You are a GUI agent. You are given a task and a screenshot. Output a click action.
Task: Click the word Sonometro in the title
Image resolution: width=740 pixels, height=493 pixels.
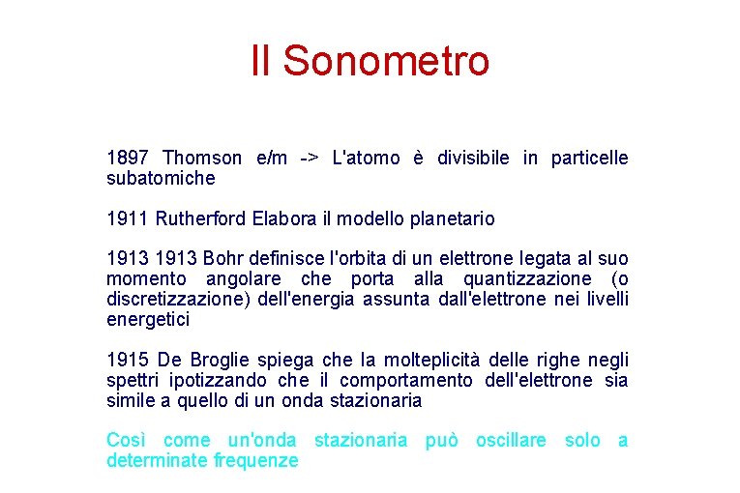(387, 60)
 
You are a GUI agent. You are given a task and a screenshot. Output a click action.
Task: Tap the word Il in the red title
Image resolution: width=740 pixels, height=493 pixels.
(260, 60)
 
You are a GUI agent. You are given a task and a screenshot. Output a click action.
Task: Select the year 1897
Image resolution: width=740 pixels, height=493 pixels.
(126, 158)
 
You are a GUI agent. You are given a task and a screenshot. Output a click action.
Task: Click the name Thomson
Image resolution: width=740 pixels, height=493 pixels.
(202, 158)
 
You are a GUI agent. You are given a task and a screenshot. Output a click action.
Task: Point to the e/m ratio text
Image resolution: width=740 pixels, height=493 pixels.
(272, 158)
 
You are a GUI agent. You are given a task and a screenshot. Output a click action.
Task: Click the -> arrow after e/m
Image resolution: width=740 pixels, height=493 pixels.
(310, 158)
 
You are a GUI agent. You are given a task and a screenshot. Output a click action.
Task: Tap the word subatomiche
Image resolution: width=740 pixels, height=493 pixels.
(161, 179)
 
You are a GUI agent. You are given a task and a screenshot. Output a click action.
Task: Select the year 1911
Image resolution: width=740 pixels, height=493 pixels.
(126, 218)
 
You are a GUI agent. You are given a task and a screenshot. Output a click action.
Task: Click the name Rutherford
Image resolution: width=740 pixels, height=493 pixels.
(202, 218)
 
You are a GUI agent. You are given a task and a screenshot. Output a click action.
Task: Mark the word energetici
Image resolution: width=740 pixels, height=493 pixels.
(148, 320)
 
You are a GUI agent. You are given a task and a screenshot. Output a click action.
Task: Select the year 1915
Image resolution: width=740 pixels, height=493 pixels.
(126, 361)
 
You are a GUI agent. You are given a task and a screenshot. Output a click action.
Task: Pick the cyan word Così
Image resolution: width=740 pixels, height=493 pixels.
(126, 441)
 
